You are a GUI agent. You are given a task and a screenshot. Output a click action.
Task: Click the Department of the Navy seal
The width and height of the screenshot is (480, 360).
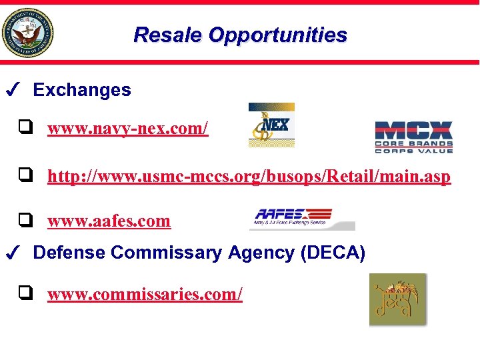[27, 33]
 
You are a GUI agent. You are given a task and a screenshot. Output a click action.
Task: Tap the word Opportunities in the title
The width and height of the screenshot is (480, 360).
[278, 35]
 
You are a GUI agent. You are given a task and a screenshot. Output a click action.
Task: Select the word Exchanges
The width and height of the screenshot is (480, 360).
[82, 90]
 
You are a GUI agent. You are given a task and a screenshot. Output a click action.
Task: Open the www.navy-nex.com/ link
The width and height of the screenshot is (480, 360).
[128, 128]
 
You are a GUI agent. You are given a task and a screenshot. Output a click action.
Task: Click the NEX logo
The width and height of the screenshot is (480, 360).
[271, 125]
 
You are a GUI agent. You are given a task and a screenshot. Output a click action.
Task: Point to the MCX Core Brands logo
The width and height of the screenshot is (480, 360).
[413, 137]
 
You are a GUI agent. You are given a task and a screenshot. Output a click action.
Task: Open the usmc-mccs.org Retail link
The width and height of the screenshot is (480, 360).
[249, 177]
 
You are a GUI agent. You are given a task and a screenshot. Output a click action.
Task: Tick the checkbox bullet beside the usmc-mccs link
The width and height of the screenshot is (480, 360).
[26, 175]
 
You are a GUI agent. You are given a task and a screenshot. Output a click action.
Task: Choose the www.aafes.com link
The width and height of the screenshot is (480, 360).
[109, 221]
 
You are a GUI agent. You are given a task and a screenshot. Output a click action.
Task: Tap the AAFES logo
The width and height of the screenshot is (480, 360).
[302, 218]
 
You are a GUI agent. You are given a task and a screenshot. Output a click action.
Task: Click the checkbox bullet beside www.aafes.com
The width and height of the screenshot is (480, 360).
[26, 219]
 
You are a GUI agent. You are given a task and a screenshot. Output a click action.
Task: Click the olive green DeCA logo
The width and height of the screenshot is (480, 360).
[397, 300]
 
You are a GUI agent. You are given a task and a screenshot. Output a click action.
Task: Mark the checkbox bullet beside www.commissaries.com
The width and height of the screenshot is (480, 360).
[26, 291]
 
